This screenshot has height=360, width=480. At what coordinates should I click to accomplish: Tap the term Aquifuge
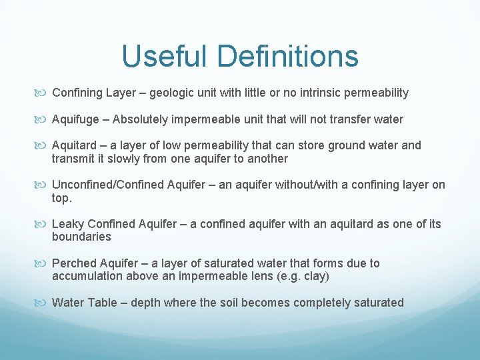(76, 119)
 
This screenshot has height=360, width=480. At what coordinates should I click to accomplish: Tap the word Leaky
(67, 224)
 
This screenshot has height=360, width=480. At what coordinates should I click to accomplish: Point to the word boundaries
(81, 237)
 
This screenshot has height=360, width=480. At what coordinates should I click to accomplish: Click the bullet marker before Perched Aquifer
(43, 264)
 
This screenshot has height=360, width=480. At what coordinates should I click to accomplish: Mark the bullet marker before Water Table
(43, 303)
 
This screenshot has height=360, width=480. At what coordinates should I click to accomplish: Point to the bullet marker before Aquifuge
(43, 120)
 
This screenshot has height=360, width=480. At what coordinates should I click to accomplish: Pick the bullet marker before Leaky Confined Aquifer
(43, 225)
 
